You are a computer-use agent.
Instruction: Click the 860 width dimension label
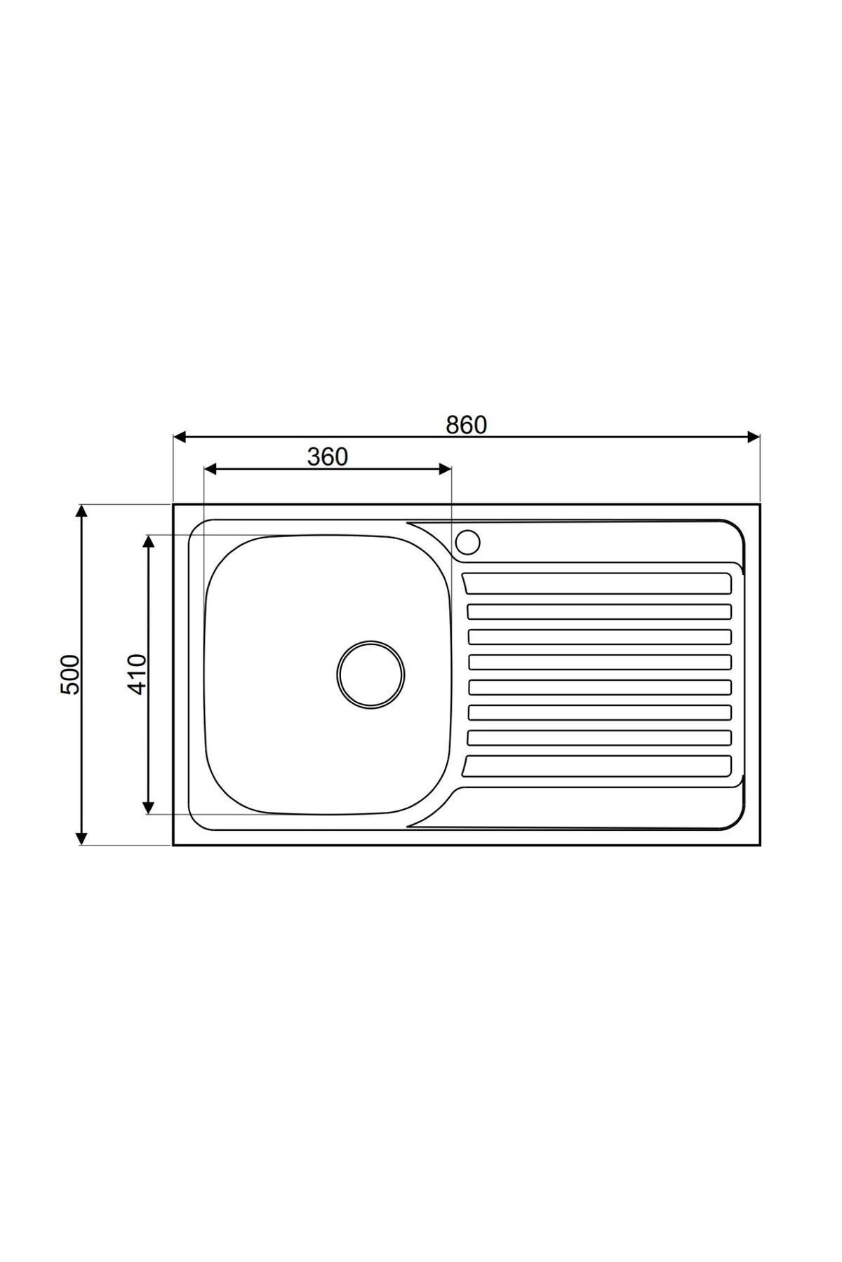[466, 425]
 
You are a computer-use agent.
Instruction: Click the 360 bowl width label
[327, 456]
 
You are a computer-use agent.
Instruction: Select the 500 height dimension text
[71, 674]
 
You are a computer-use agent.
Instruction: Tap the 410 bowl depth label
[138, 674]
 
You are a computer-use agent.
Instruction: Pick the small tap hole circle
[467, 542]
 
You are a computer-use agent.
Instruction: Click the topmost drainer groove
[598, 583]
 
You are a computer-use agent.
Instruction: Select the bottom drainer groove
[598, 766]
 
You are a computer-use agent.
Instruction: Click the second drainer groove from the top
[599, 611]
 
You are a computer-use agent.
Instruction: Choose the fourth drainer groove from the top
[599, 662]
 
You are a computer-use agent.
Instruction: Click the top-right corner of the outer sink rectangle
[759, 504]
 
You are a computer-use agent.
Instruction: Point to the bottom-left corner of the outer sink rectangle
[173, 845]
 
